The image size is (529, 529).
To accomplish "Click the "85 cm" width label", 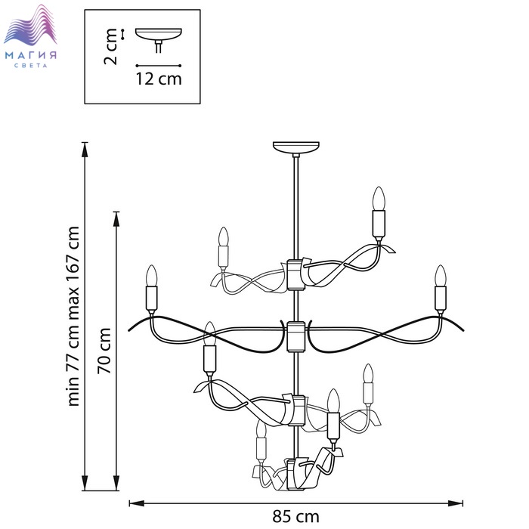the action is pos(295,516).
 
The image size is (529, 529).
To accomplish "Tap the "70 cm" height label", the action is pos(104,350).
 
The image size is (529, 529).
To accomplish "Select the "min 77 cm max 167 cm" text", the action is pos(73,316).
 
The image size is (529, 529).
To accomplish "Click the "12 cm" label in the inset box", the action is pos(159,79).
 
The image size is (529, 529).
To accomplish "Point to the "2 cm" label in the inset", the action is pos(110,47).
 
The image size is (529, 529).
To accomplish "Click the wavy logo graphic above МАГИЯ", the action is pos(30,24).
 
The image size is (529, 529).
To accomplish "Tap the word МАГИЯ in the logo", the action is pos(31,55).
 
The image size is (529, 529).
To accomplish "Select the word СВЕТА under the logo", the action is pos(31,66).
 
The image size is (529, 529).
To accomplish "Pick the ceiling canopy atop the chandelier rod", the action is pos(296,148).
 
